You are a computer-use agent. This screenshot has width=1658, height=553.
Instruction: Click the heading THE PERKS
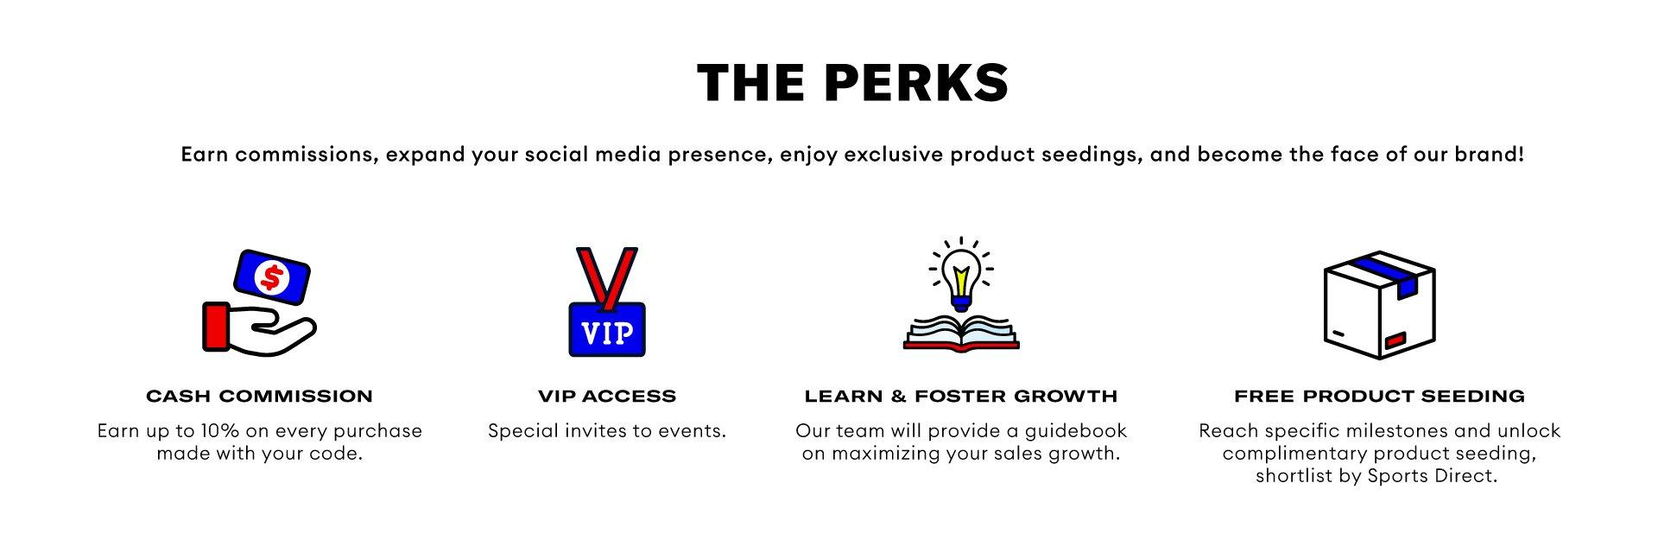[852, 83]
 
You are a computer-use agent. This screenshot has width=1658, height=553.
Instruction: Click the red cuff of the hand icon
[216, 327]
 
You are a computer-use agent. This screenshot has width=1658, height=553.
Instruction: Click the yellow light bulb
[961, 275]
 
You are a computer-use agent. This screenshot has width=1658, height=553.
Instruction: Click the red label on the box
[1395, 340]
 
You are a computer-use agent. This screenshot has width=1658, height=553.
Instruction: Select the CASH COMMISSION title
[259, 397]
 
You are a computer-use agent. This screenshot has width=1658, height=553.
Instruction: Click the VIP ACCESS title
[607, 397]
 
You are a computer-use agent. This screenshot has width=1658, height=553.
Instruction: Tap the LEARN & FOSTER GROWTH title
[961, 397]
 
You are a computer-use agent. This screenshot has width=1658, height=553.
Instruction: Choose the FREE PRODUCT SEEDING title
[1379, 397]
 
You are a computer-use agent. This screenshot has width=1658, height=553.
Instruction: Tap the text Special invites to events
[607, 430]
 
